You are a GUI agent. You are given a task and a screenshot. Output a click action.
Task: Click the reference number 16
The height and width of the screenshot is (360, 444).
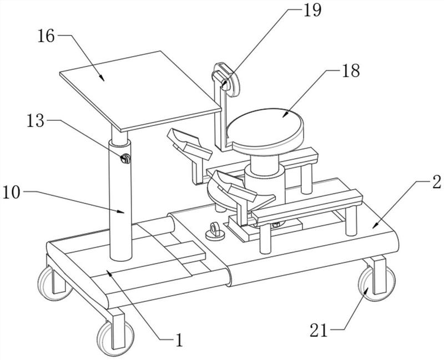coord(46,37)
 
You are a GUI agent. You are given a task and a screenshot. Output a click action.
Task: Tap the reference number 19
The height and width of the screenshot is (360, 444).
coord(312,11)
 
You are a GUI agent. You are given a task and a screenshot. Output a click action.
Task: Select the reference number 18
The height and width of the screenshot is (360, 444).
coord(351,70)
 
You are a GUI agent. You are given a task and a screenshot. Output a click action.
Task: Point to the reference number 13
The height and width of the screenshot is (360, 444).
coord(36,121)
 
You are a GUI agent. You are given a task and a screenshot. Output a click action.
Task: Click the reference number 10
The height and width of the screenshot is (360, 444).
coord(11,193)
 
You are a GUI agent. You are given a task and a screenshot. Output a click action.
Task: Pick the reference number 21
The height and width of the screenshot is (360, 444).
coord(319,330)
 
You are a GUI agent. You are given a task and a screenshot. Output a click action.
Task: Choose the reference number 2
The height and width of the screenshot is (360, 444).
coord(436,182)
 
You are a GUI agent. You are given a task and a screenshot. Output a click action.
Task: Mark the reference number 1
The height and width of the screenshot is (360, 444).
coord(179,340)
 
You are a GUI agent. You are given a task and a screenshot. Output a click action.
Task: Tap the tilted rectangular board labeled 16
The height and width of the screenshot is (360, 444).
coord(140,91)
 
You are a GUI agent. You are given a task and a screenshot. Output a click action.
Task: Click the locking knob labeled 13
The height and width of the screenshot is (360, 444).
coord(125,159)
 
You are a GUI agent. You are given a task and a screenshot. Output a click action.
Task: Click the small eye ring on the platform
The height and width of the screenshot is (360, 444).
coord(214,231)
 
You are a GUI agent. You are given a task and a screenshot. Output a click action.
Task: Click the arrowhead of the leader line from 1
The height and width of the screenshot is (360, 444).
coord(108,272)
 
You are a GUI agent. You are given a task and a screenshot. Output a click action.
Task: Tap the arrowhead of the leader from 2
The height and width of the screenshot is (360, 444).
coord(375,225)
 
